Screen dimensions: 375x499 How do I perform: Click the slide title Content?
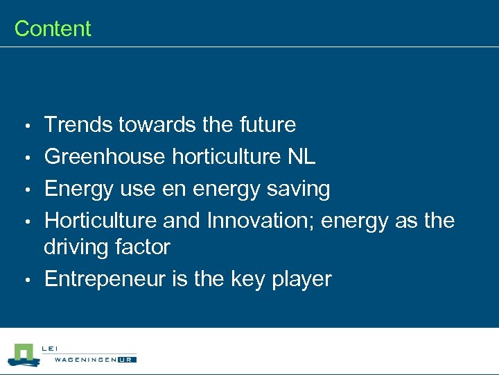pos(53,28)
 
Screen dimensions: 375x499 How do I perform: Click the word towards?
pos(157,125)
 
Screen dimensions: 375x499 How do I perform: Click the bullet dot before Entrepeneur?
pos(26,281)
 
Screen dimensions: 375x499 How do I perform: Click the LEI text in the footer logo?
pos(49,349)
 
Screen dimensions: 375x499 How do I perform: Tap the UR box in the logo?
pos(127,359)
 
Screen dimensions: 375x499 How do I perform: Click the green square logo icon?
pos(24,353)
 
